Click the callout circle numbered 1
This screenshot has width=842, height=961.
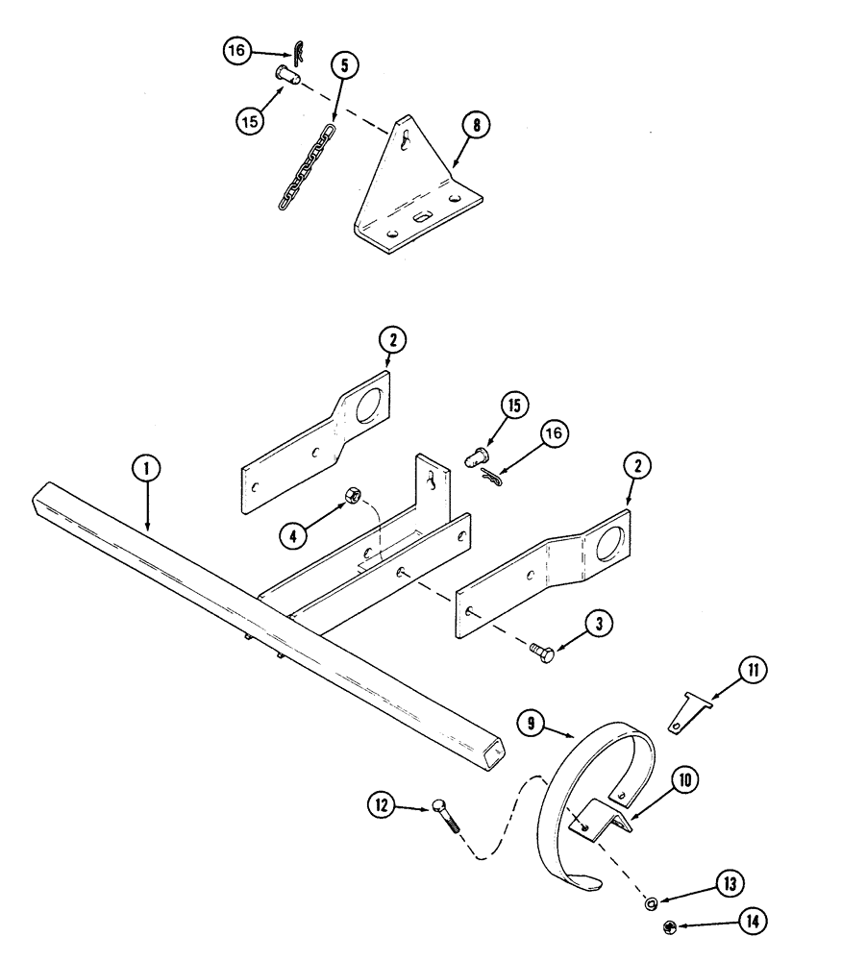point(146,469)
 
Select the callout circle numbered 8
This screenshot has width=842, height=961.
point(475,125)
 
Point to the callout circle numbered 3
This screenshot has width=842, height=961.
point(598,624)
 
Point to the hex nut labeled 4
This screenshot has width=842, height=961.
point(352,496)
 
